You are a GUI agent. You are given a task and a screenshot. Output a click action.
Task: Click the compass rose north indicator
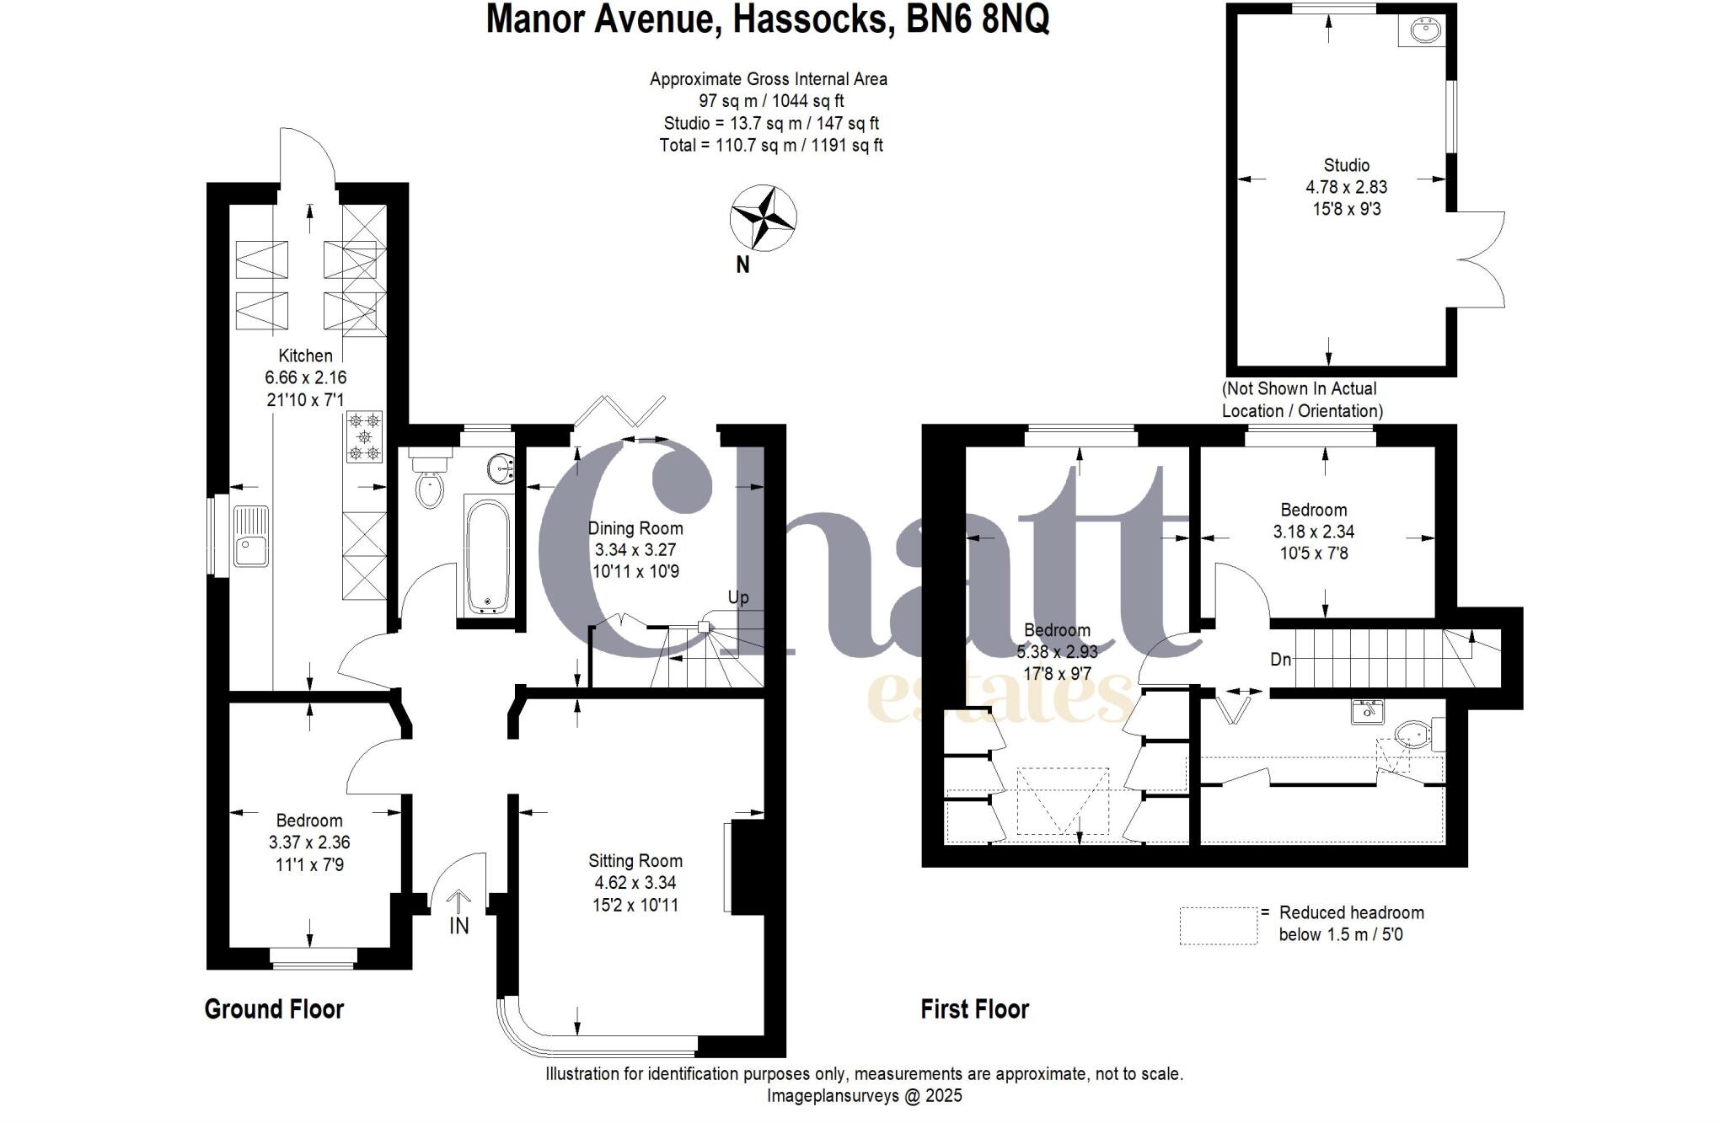(763, 219)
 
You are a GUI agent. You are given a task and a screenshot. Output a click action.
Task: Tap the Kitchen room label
(305, 356)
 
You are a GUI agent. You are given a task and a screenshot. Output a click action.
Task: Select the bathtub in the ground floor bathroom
(487, 556)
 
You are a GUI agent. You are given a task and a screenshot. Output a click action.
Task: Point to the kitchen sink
(251, 537)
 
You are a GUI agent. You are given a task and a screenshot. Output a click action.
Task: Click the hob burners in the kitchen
(364, 436)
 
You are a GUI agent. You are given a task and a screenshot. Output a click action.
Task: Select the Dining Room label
(635, 528)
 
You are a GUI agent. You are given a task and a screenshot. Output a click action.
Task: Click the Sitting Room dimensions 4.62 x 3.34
(635, 883)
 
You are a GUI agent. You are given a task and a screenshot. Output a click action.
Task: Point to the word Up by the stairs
(737, 598)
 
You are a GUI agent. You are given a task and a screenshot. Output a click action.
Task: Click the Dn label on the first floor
(1280, 660)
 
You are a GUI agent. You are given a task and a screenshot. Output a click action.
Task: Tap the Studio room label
(1346, 165)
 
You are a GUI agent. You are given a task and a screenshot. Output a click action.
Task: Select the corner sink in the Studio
(1425, 31)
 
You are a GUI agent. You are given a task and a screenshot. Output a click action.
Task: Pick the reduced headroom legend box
(1218, 925)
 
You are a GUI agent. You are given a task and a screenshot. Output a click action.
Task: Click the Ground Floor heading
(274, 1008)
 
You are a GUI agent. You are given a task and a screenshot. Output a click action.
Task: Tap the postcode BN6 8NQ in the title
(978, 19)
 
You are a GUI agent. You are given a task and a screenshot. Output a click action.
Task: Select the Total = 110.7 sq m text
(770, 145)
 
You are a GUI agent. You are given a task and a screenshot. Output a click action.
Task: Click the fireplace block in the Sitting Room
(747, 866)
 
